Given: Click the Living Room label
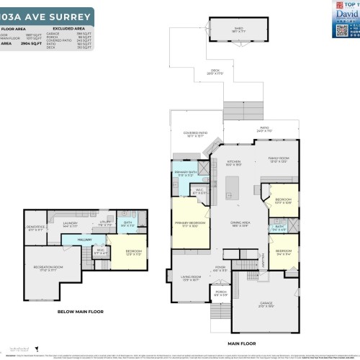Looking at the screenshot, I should tap(190, 278).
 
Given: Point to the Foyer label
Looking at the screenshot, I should tap(220, 269).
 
